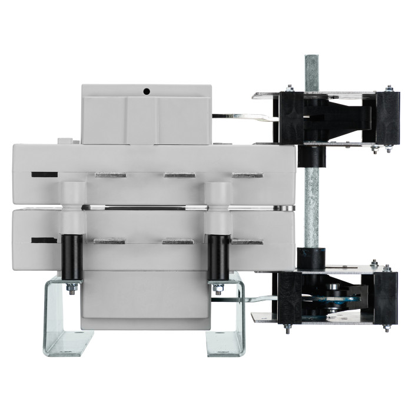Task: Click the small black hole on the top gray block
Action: [x=146, y=91]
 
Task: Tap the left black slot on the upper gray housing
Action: [x=44, y=174]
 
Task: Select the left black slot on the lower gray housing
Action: [x=44, y=240]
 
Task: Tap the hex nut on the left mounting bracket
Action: [x=71, y=288]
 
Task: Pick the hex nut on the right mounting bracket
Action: [x=218, y=288]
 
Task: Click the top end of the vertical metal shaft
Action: [x=311, y=59]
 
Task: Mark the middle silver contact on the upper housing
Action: [x=179, y=175]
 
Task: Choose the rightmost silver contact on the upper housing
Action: [x=247, y=175]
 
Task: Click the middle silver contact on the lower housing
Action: [x=178, y=241]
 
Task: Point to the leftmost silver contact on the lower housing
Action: [x=109, y=241]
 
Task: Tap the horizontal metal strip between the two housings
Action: [x=147, y=208]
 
